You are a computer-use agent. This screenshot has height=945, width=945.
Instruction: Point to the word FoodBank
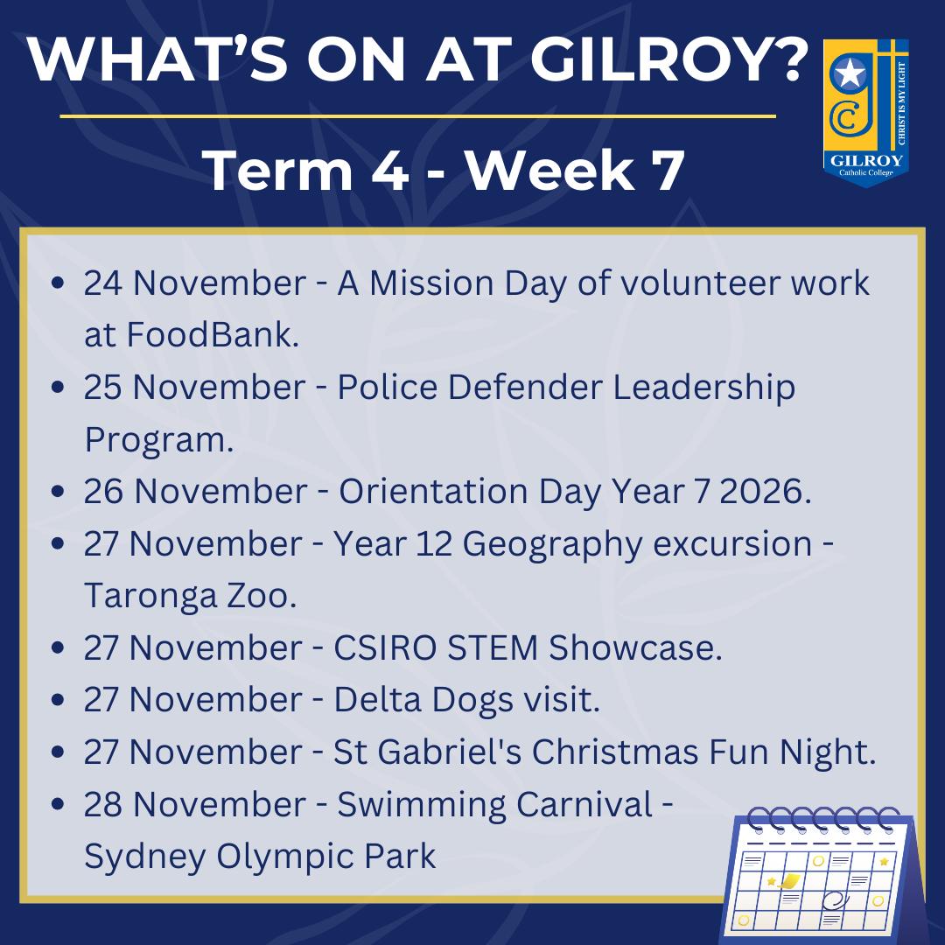tap(213, 334)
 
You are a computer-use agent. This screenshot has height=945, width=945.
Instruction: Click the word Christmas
tap(614, 752)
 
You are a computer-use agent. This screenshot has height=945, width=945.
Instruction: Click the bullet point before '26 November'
tap(58, 491)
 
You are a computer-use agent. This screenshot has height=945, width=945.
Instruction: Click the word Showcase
tap(635, 647)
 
